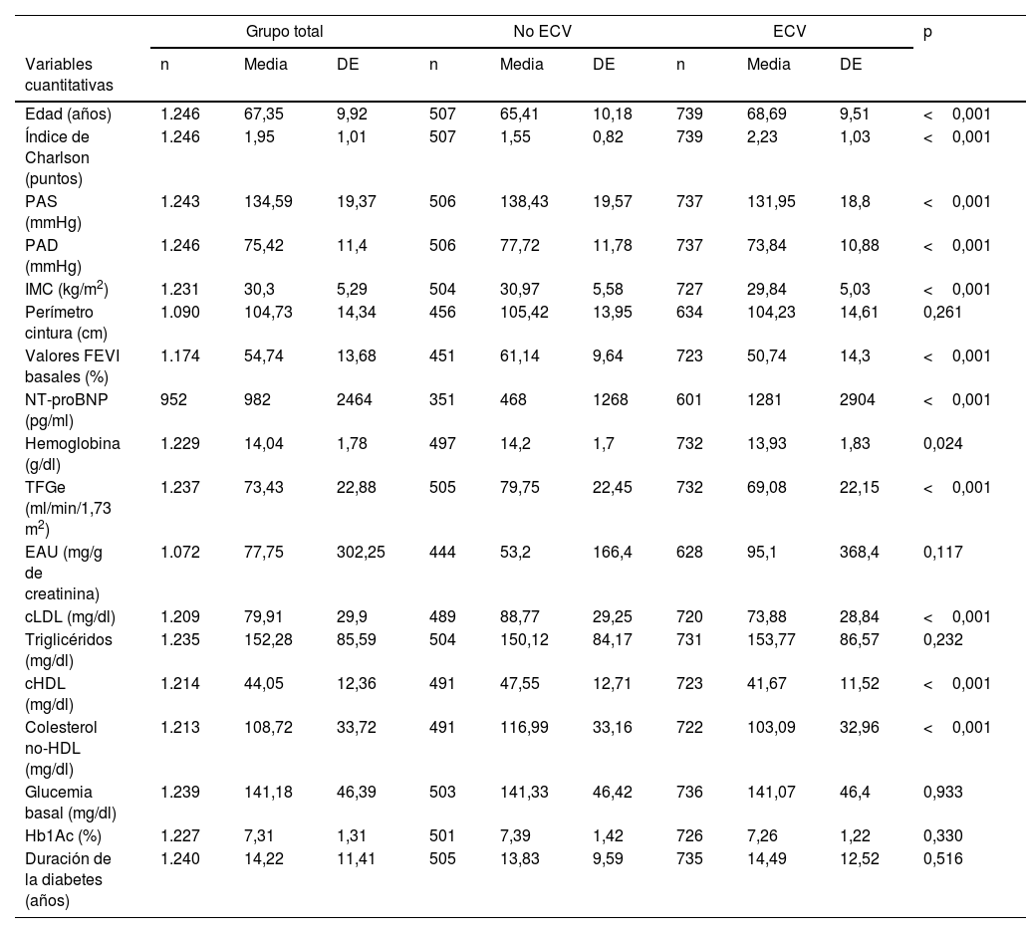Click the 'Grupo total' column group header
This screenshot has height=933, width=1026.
click(x=284, y=31)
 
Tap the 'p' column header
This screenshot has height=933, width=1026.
click(x=927, y=31)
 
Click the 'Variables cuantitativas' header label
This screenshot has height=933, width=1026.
click(x=70, y=75)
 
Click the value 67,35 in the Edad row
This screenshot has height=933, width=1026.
click(x=265, y=115)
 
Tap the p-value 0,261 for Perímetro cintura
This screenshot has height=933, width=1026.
click(x=942, y=312)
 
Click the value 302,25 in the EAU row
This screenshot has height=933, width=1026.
click(x=361, y=552)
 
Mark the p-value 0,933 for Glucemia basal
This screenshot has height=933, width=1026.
click(x=942, y=793)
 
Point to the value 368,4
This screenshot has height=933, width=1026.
click(x=860, y=552)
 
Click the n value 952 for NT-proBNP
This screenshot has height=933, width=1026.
click(x=173, y=399)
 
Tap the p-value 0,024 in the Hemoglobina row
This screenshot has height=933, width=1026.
click(x=942, y=443)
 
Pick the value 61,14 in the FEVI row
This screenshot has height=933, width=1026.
click(x=519, y=355)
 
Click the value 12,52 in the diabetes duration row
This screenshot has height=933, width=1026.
click(x=860, y=857)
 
